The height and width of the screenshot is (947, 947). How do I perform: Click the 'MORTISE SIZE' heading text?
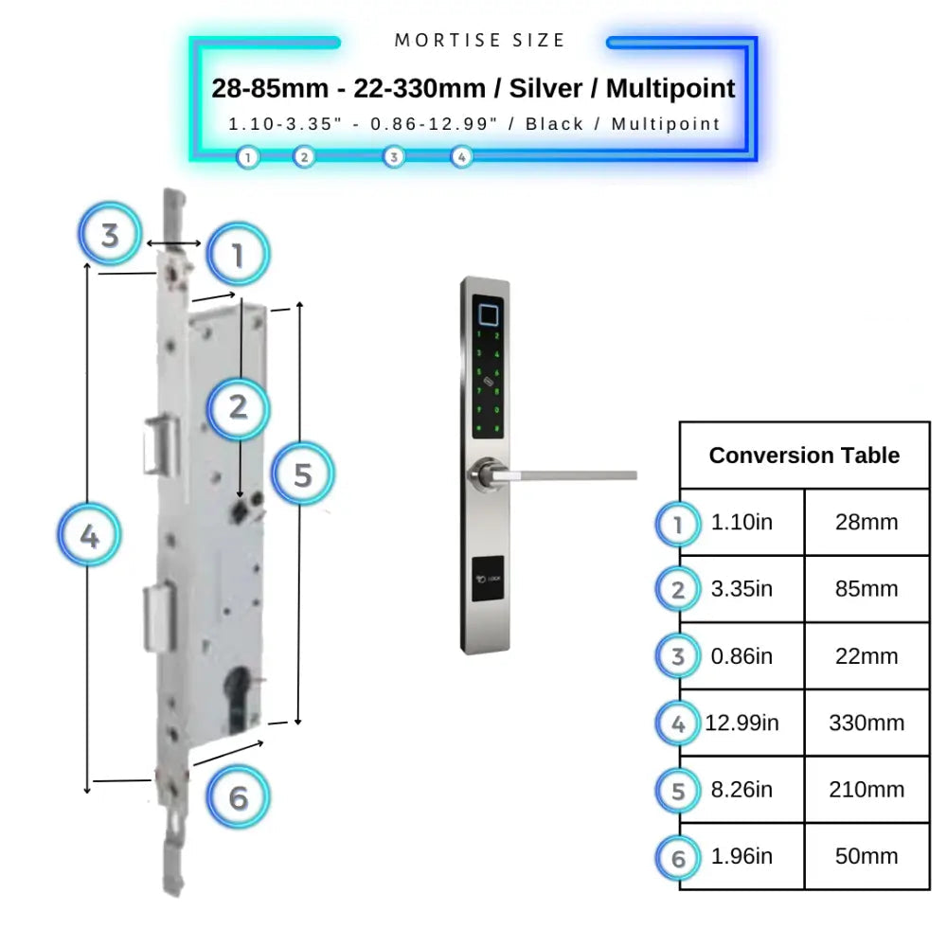click(x=479, y=41)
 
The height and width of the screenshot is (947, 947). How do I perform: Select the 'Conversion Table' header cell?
click(x=804, y=456)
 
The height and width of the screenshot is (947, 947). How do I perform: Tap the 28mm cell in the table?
click(x=867, y=523)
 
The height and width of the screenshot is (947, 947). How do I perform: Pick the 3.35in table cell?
click(x=742, y=589)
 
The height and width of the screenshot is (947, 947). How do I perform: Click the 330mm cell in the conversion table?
click(x=867, y=723)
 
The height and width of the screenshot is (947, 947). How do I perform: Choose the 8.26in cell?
click(x=742, y=789)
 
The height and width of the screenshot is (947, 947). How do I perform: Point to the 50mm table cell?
click(x=867, y=856)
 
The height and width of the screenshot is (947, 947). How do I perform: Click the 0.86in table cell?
click(x=742, y=656)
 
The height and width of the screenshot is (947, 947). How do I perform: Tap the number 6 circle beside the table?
click(x=678, y=858)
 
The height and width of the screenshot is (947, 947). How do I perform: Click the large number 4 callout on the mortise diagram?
click(x=89, y=537)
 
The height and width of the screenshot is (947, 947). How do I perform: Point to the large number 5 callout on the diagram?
click(x=302, y=473)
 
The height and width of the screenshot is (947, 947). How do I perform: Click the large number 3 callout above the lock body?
click(x=110, y=234)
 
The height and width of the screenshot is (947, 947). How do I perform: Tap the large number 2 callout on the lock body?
click(x=238, y=407)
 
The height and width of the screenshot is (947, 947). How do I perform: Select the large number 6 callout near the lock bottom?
click(x=238, y=798)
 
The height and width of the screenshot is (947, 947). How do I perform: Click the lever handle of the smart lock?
click(x=568, y=472)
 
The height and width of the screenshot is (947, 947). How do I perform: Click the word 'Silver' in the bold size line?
click(x=548, y=89)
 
